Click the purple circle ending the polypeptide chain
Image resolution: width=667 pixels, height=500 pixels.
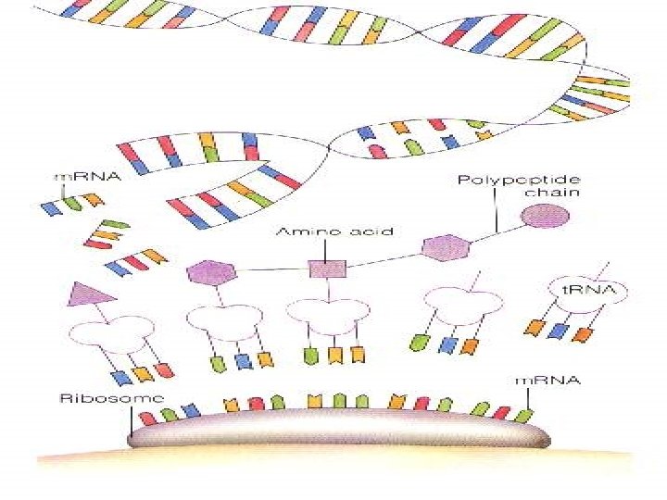pos(544,217)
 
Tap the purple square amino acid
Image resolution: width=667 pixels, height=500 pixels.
pos(327,269)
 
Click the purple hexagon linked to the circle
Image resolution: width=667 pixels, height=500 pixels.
pos(447,247)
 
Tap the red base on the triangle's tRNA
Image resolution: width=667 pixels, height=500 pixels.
pos(164,370)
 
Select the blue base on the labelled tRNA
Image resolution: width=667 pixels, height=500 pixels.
pos(559,330)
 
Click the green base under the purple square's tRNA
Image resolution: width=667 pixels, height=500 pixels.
pos(311,355)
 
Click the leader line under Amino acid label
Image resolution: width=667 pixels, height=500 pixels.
pos(327,250)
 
